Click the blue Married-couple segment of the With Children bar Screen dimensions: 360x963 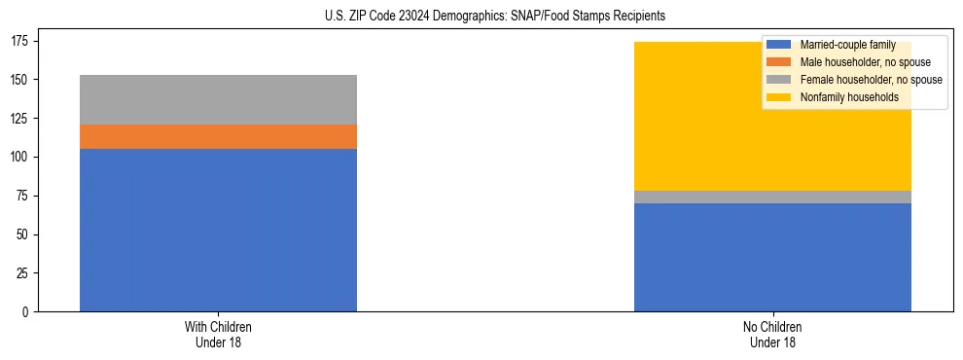pos(218,230)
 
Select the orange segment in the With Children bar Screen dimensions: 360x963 pos(218,136)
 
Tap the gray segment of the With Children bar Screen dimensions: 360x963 pos(218,99)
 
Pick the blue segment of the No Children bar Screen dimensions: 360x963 pos(772,257)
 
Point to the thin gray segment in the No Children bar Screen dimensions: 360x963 pos(772,198)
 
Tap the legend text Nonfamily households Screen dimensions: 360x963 pos(842,97)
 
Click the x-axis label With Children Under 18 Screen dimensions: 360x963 pos(218,334)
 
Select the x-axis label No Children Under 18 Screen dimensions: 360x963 pos(772,334)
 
